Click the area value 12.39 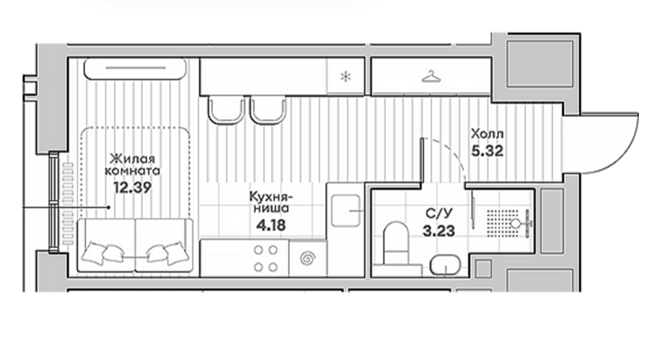133,188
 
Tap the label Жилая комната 133,164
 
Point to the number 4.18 270,226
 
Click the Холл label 487,134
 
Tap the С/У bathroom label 439,214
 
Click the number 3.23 438,230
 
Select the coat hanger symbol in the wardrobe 431,76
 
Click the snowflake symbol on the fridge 345,76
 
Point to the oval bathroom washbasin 446,265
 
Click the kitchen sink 345,211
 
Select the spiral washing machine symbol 307,258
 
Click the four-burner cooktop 265,258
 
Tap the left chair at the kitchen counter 226,110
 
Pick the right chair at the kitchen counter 268,110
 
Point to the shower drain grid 502,224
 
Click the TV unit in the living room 135,69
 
